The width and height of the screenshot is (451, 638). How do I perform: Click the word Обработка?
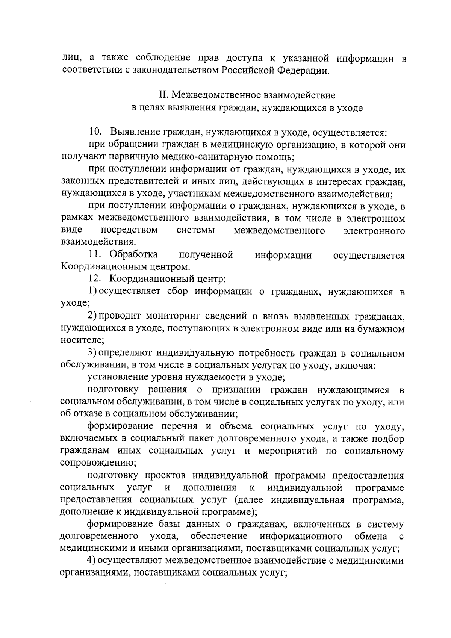pos(134,255)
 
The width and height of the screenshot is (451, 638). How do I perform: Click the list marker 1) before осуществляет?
pos(93,292)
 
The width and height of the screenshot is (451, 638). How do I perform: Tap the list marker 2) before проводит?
pos(93,316)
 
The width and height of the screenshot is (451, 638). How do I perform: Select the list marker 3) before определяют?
pos(93,353)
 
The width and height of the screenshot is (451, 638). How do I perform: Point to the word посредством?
pos(129,230)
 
